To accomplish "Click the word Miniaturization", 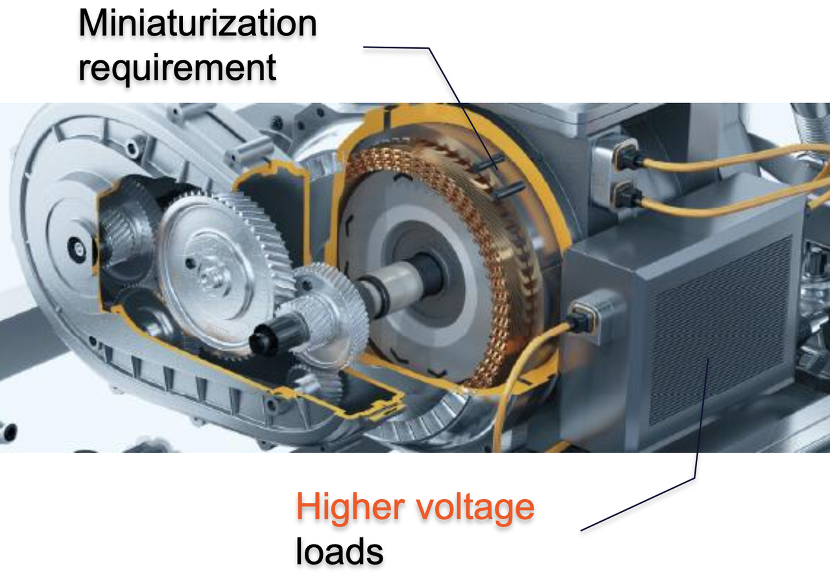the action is [x=198, y=23].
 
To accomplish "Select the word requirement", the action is [x=177, y=69].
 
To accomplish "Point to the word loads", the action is [x=339, y=552].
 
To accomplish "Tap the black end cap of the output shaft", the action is [x=264, y=339].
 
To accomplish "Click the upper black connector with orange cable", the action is [x=627, y=156].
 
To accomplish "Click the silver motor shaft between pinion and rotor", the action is [x=393, y=285].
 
